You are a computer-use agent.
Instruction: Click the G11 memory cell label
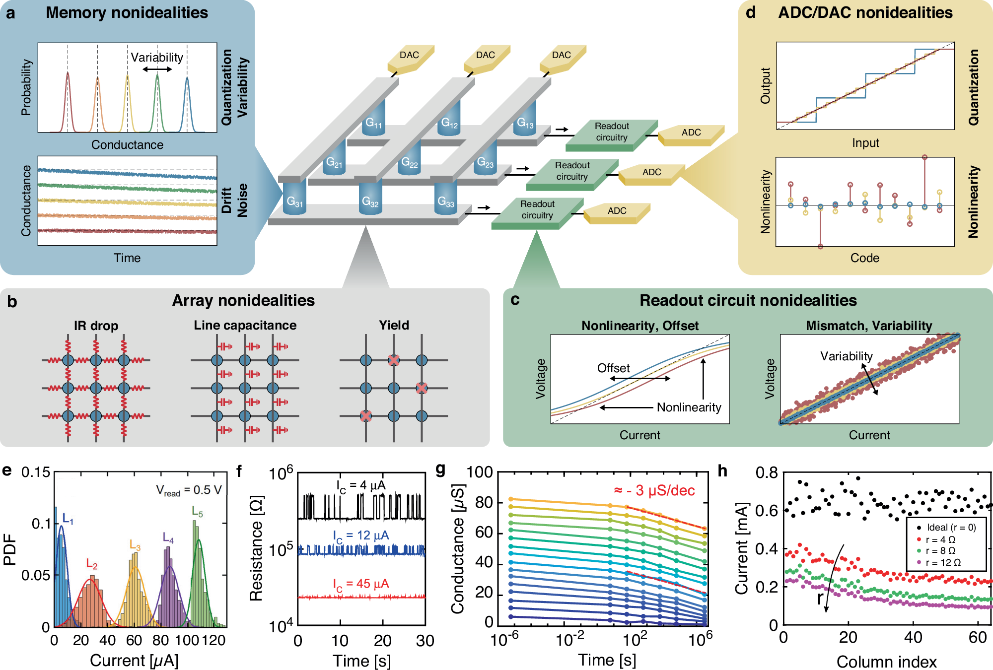(373, 123)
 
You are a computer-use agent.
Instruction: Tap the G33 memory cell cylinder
(446, 201)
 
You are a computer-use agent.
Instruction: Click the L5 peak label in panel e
(197, 512)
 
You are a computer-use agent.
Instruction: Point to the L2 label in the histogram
(92, 564)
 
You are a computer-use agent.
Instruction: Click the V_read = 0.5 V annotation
(189, 490)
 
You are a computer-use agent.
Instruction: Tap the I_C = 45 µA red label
(361, 584)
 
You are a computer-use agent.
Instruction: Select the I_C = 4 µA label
(361, 485)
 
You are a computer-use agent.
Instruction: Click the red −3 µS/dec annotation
(654, 490)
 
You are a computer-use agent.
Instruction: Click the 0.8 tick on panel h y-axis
(767, 472)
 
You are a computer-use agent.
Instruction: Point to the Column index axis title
(886, 662)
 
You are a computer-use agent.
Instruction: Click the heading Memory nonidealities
(127, 12)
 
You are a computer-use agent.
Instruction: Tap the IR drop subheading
(96, 326)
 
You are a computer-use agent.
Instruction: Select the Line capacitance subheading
(245, 325)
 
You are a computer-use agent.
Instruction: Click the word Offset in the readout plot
(613, 368)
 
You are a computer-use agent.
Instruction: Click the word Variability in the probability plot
(157, 58)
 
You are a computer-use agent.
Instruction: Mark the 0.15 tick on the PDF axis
(36, 472)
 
